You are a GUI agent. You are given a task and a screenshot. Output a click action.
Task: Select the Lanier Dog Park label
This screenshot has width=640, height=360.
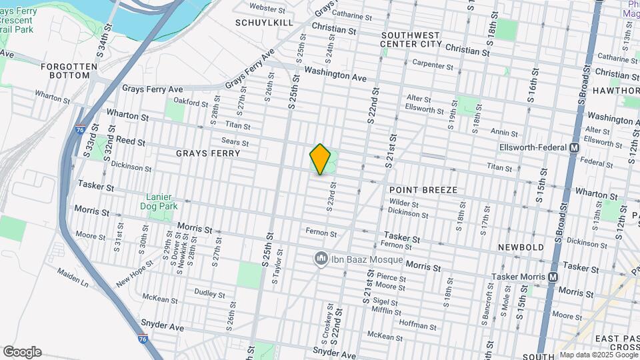159,201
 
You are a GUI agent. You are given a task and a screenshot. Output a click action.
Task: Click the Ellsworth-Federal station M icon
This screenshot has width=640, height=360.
574,147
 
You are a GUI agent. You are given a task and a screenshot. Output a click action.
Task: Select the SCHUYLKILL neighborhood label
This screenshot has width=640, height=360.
264,23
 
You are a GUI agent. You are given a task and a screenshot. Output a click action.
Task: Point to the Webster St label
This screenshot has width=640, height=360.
267,7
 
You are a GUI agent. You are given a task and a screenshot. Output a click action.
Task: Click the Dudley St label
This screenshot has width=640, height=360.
209,293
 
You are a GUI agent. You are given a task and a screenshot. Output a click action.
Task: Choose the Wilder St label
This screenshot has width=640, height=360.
403,203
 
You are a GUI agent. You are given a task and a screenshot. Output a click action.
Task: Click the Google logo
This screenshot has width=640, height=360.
21,351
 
